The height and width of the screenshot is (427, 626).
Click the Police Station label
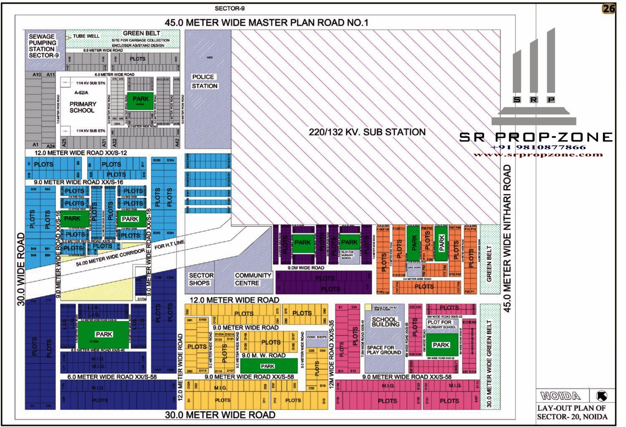[x=204, y=81]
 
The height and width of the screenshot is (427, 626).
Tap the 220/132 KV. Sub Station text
[x=367, y=132]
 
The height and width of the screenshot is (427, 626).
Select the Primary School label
[x=82, y=107]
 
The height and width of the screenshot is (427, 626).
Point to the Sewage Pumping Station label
[x=43, y=46]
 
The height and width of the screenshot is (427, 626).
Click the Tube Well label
[x=86, y=36]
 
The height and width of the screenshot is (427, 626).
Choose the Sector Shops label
[x=201, y=279]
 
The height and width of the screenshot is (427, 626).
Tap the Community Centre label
[x=252, y=279]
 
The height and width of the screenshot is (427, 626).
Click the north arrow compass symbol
[x=602, y=396]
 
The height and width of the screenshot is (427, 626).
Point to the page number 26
[x=608, y=9]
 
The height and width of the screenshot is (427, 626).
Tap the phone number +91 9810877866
[x=538, y=147]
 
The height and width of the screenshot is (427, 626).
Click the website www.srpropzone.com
[x=538, y=155]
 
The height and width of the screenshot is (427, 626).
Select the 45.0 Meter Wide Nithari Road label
[x=507, y=238]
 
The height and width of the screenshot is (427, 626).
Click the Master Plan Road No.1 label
[x=266, y=23]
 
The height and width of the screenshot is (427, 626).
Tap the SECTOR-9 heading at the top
[x=230, y=8]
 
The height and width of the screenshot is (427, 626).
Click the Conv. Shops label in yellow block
[x=317, y=337]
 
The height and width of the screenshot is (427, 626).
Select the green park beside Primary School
[x=141, y=101]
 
